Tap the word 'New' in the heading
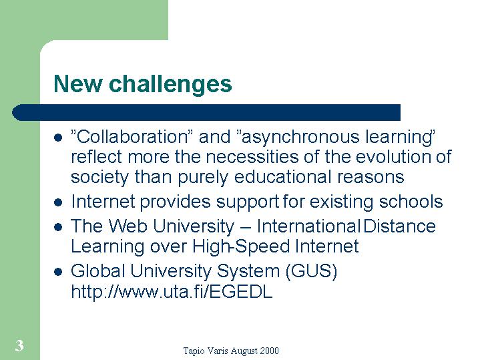[77, 83]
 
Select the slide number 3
[19, 345]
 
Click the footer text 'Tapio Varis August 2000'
[231, 351]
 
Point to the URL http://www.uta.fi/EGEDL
[172, 291]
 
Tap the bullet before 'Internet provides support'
[58, 202]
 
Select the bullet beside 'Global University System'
[58, 271]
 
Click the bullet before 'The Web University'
[58, 227]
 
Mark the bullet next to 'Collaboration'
[58, 138]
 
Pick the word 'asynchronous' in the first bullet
[300, 138]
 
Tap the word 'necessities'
[252, 157]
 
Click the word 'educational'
[282, 177]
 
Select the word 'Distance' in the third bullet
[399, 226]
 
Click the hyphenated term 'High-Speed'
[241, 247]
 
